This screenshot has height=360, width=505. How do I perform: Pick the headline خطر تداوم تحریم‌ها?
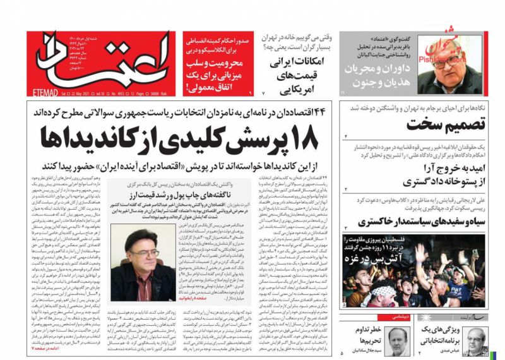point(363,334)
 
